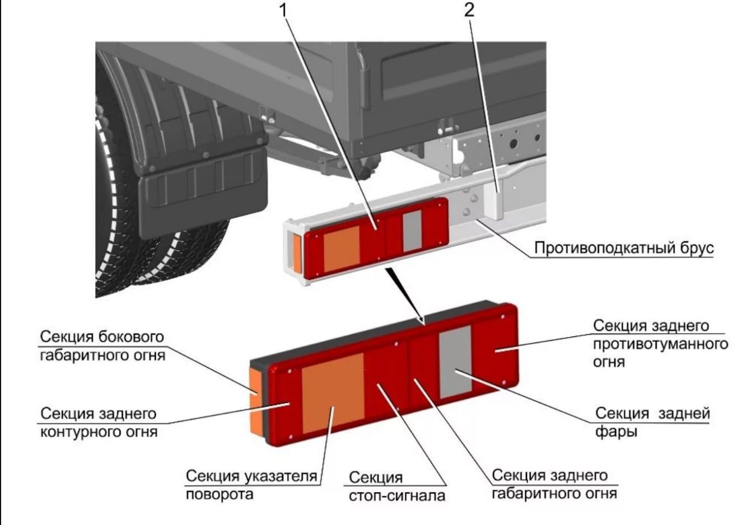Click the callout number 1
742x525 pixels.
[x=286, y=10]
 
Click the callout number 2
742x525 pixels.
[x=469, y=10]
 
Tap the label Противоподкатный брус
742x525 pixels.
[x=623, y=247]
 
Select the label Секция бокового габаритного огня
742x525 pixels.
[x=102, y=345]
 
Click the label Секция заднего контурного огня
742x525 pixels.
[x=99, y=423]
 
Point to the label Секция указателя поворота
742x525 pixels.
[x=251, y=485]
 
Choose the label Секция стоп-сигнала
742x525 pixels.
[x=397, y=486]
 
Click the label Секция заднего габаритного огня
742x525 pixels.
[x=554, y=484]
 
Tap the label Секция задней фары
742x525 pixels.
[x=652, y=422]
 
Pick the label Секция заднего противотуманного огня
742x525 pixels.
[x=660, y=343]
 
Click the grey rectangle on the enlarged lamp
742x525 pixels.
[x=455, y=362]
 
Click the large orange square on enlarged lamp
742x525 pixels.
[x=333, y=400]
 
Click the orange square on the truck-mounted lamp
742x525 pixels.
[x=342, y=250]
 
